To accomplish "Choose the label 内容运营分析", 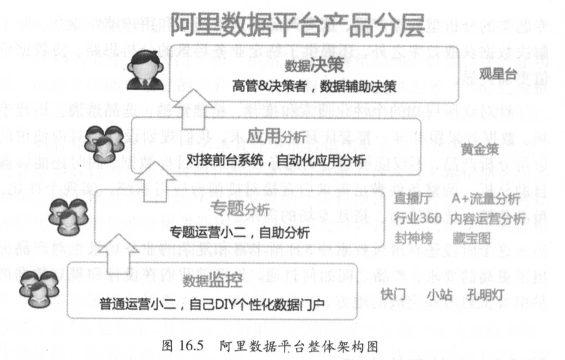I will (x=487, y=219).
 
